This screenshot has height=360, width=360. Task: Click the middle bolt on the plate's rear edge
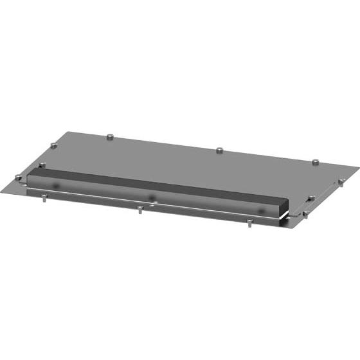tap(220, 150)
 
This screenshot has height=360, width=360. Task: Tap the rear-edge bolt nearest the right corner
tap(315, 163)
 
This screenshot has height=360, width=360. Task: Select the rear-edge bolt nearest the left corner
tap(110, 136)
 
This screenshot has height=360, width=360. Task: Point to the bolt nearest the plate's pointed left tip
tap(18, 178)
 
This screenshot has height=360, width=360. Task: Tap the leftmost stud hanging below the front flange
tap(43, 197)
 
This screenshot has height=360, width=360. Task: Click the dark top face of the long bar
tap(161, 183)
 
